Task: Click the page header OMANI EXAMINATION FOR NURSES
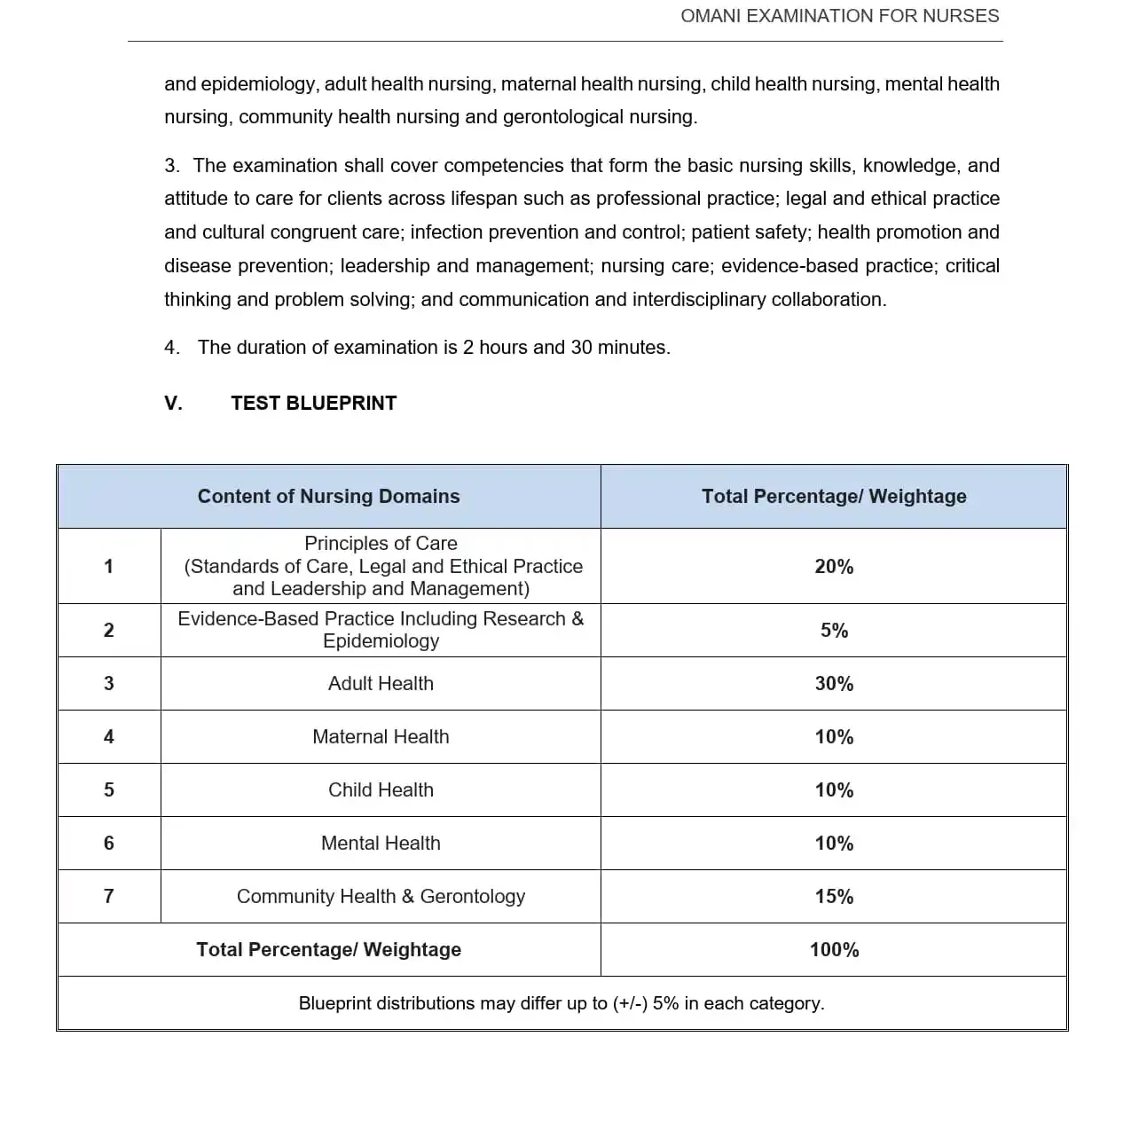tap(839, 16)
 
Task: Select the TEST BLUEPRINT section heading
tap(313, 404)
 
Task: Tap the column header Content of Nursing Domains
tap(328, 497)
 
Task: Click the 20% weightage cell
tap(834, 567)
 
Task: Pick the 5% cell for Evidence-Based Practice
tap(834, 631)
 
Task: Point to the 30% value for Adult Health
tap(834, 684)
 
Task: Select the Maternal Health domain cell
tap(381, 737)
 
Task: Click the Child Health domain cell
tap(381, 790)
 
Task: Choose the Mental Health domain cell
tap(381, 844)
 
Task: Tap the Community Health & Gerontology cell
tap(381, 897)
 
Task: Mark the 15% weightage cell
tap(834, 897)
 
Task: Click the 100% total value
tap(834, 950)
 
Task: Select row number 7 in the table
tap(109, 897)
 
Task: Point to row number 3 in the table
tap(109, 684)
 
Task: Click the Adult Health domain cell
tap(381, 684)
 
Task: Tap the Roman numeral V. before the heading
tap(173, 404)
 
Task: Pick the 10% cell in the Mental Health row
tap(834, 844)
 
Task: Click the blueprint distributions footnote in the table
tap(562, 1003)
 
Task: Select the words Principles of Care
tap(381, 544)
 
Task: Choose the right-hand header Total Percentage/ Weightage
tap(834, 497)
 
